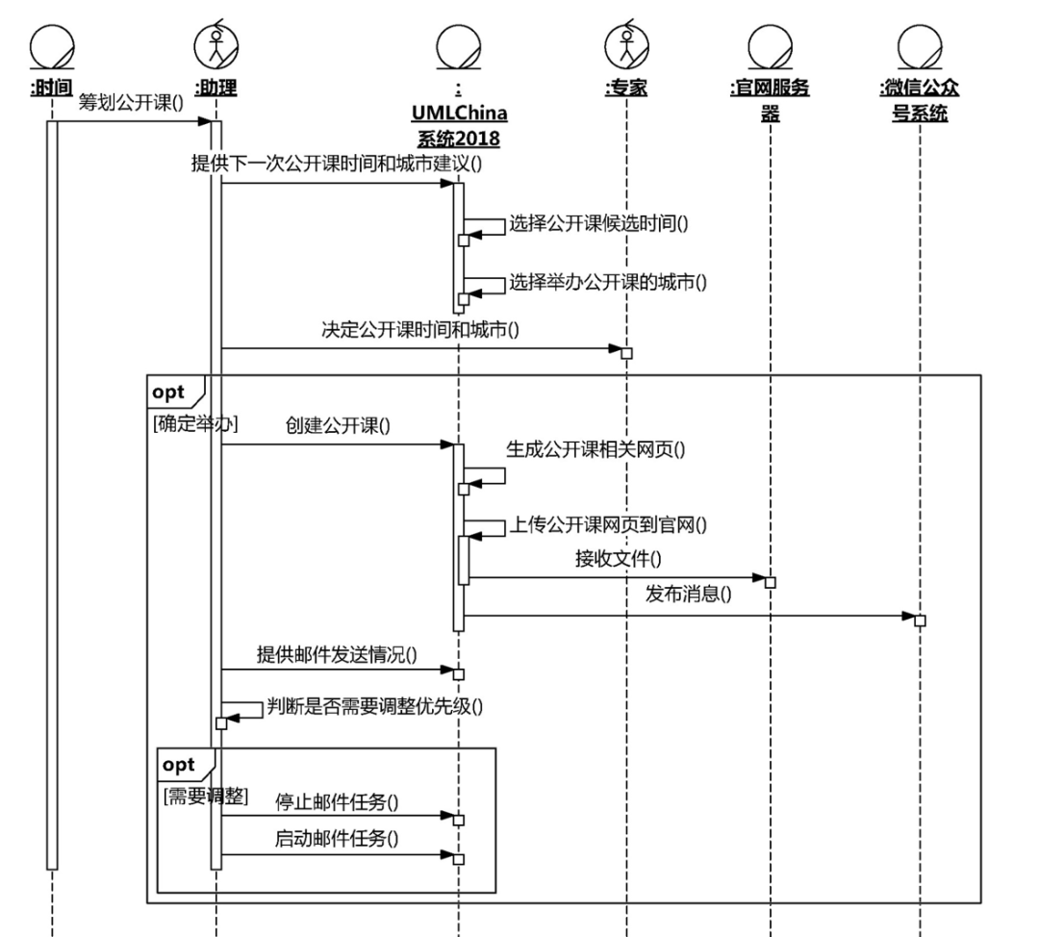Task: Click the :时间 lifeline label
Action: point(52,89)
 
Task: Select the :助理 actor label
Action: point(216,89)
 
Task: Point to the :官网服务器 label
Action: point(770,100)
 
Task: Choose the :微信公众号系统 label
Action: point(920,100)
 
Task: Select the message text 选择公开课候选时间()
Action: point(603,223)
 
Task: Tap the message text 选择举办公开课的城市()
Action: point(608,282)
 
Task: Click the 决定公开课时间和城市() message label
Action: point(420,330)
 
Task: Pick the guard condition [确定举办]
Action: point(196,422)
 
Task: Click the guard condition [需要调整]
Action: point(206,796)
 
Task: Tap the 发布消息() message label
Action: point(688,594)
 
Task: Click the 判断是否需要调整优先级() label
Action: point(375,708)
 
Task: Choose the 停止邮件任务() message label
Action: point(338,800)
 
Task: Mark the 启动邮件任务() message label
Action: point(338,838)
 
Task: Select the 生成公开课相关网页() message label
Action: point(596,447)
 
